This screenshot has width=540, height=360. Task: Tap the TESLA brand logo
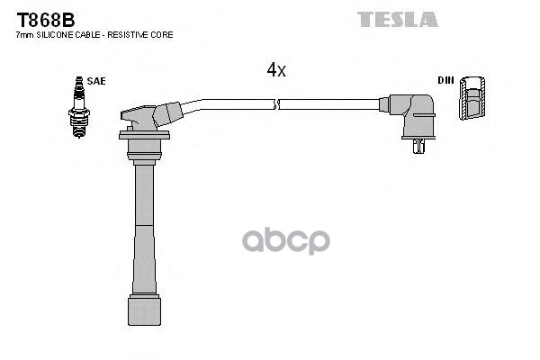(x=397, y=18)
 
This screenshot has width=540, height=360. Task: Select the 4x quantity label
(x=276, y=70)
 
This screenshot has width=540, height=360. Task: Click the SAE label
(x=96, y=80)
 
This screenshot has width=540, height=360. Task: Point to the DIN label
(x=445, y=80)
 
